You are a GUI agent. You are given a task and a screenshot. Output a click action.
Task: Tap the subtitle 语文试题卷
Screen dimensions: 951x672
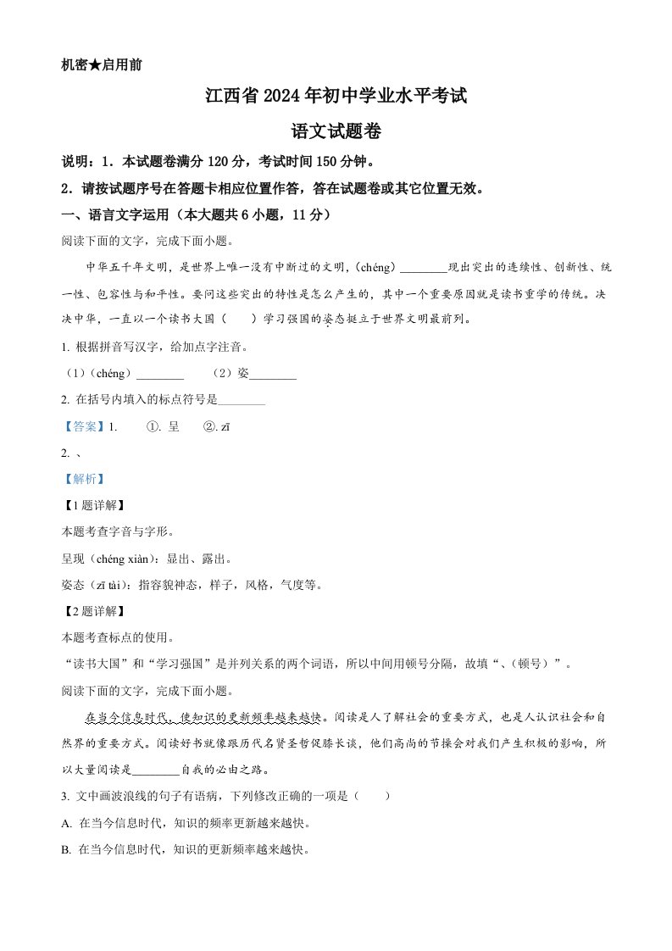(336, 131)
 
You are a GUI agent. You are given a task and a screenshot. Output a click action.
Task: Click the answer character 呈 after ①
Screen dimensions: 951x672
(174, 427)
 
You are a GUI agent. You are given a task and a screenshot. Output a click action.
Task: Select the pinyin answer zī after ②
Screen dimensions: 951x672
(225, 427)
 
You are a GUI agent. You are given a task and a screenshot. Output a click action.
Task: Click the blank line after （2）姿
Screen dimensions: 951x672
(273, 374)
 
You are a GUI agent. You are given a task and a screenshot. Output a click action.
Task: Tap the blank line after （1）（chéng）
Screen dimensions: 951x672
(159, 374)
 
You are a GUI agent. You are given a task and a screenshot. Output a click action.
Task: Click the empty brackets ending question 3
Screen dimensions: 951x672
(374, 797)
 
